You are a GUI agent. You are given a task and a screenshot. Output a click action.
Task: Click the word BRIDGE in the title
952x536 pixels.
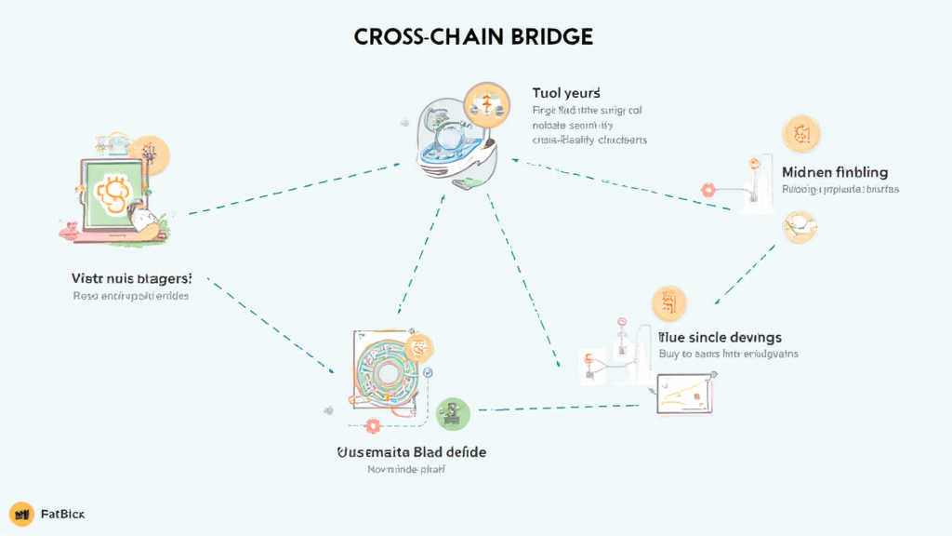pyautogui.click(x=548, y=36)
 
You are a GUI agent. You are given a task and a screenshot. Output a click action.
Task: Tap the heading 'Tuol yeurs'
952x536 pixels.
pyautogui.click(x=565, y=93)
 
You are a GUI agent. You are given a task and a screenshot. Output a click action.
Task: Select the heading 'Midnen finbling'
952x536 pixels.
pyautogui.click(x=835, y=172)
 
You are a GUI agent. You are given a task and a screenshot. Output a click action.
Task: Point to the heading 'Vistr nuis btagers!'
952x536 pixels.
pyautogui.click(x=132, y=277)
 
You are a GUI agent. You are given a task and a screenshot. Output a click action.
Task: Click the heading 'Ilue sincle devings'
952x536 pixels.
pyautogui.click(x=720, y=336)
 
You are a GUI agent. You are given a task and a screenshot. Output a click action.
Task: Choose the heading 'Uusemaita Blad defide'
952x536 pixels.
pyautogui.click(x=410, y=451)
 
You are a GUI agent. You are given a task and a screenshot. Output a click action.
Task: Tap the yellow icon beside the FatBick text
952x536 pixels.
pyautogui.click(x=20, y=514)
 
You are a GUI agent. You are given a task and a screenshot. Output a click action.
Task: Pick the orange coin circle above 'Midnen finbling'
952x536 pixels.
pyautogui.click(x=800, y=135)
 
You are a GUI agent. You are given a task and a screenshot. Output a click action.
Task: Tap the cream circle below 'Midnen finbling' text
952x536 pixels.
pyautogui.click(x=800, y=226)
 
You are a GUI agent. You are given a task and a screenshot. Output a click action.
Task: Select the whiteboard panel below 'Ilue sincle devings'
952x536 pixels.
pyautogui.click(x=685, y=392)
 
